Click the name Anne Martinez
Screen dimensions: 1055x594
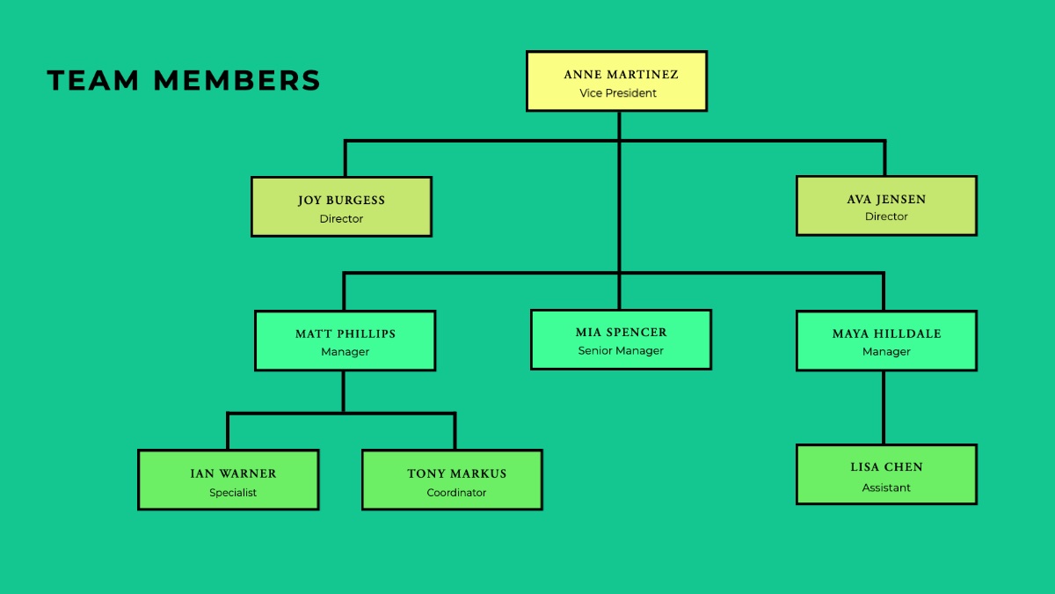(x=621, y=75)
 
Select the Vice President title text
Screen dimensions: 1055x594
(x=618, y=93)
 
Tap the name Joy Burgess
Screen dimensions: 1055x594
(x=341, y=201)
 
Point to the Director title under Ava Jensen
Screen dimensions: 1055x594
(x=886, y=216)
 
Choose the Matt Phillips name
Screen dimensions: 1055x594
(x=346, y=334)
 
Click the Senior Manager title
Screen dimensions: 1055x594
(x=621, y=351)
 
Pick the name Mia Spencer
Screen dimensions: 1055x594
(x=621, y=333)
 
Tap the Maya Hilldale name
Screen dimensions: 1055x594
(x=886, y=334)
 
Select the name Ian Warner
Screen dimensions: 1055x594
(x=233, y=473)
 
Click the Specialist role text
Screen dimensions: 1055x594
(x=233, y=493)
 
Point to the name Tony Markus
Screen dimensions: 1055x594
(x=456, y=473)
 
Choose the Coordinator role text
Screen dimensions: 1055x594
(x=456, y=493)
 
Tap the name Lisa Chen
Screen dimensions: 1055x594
(x=886, y=466)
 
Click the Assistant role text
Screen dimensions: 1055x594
(x=886, y=488)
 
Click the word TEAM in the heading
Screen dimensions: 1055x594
(x=93, y=80)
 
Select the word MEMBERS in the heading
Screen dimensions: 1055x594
(x=236, y=80)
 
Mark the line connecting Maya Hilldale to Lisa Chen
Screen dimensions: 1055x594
(x=883, y=407)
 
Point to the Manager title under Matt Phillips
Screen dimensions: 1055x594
(x=345, y=352)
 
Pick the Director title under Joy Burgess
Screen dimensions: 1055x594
(x=341, y=219)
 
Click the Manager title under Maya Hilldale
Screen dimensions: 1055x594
(x=886, y=352)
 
